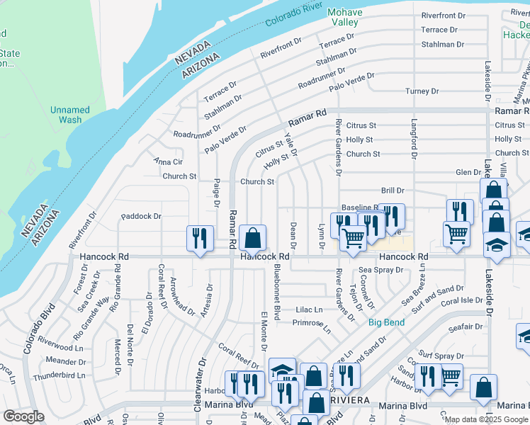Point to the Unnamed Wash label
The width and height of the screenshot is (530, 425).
click(69, 115)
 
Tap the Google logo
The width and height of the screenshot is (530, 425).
click(23, 416)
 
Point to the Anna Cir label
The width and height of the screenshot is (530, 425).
click(169, 161)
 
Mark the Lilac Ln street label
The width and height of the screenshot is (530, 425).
click(309, 310)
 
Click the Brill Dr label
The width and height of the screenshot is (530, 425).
click(392, 191)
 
